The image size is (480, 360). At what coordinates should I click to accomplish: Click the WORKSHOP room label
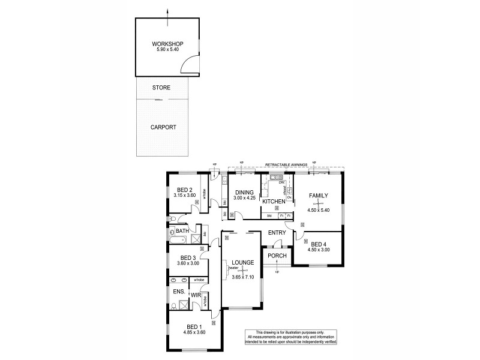(x=167, y=44)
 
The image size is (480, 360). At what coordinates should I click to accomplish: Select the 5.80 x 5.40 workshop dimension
(x=167, y=50)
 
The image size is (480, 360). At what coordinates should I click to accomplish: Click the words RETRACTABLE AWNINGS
(x=287, y=163)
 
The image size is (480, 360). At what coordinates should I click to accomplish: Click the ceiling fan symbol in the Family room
(x=318, y=204)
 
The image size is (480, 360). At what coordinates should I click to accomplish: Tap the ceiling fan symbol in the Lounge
(x=244, y=271)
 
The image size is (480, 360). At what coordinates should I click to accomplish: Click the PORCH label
(x=277, y=256)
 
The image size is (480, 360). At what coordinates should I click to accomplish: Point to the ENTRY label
(x=277, y=233)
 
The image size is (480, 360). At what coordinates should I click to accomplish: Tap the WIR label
(x=196, y=295)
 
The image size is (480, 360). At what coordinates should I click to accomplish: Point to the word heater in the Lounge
(x=226, y=268)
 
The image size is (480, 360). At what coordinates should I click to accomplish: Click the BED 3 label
(x=186, y=257)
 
